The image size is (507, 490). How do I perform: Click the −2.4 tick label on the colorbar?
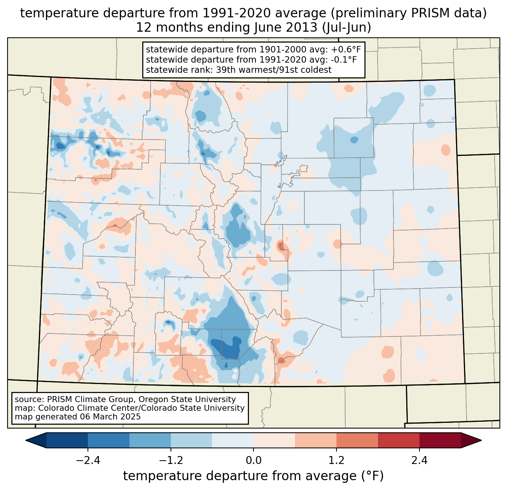pos(88,461)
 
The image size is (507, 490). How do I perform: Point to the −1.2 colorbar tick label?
pos(171,461)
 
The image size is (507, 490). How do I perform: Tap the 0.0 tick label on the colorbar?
pos(253,461)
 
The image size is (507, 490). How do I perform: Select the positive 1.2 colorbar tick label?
pos(336,461)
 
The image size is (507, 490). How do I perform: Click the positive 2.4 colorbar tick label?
pos(419,461)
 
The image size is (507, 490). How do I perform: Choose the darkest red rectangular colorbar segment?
pos(440,440)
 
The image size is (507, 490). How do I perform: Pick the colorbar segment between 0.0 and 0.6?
pos(274,440)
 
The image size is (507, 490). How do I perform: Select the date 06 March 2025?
pos(110,417)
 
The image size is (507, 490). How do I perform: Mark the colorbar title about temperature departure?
pos(253,476)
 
